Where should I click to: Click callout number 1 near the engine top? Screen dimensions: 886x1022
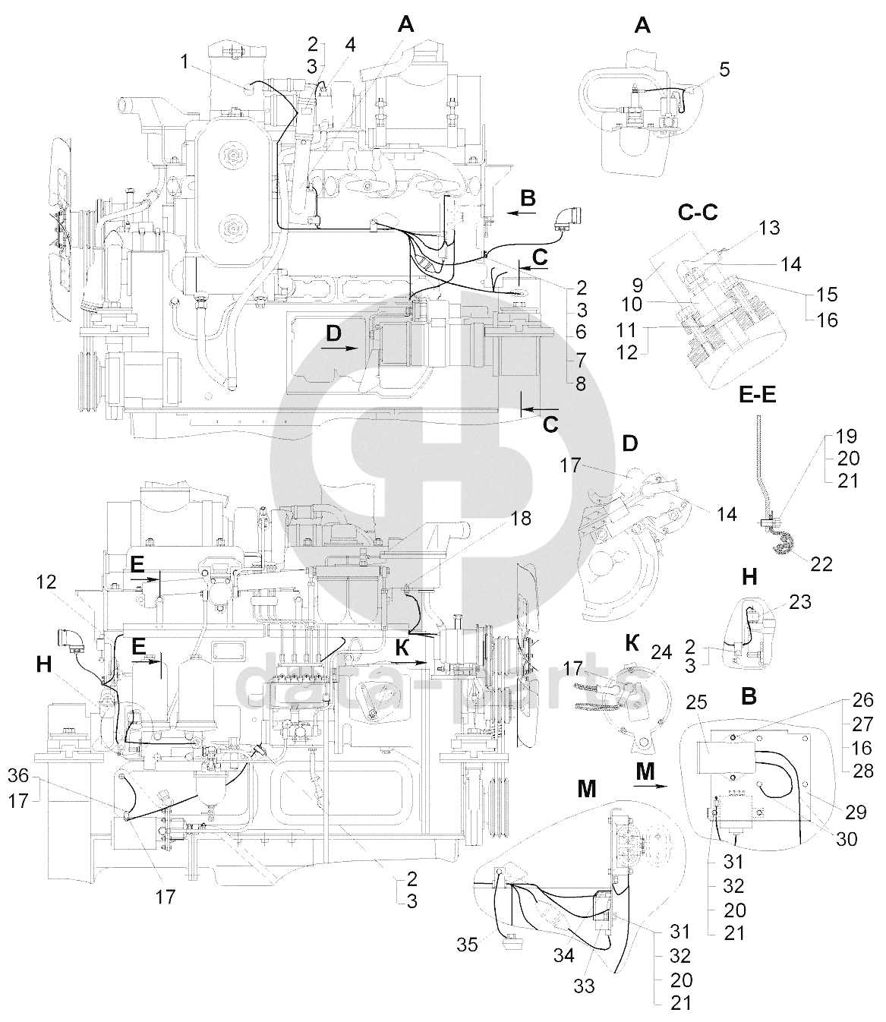pos(184,62)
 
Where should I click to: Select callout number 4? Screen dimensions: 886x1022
pos(350,46)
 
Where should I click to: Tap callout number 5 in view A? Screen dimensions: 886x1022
pos(724,70)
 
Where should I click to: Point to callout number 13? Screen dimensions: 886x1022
pos(769,228)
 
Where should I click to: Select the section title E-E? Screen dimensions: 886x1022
pos(758,395)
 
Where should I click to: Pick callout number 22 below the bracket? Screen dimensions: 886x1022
pos(821,564)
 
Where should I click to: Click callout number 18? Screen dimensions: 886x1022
pos(520,519)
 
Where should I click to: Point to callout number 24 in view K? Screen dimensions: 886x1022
pos(661,653)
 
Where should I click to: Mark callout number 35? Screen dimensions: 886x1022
pos(467,945)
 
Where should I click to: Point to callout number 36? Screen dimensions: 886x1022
pos(18,776)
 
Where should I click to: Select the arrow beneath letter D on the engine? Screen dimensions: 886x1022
pos(339,348)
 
